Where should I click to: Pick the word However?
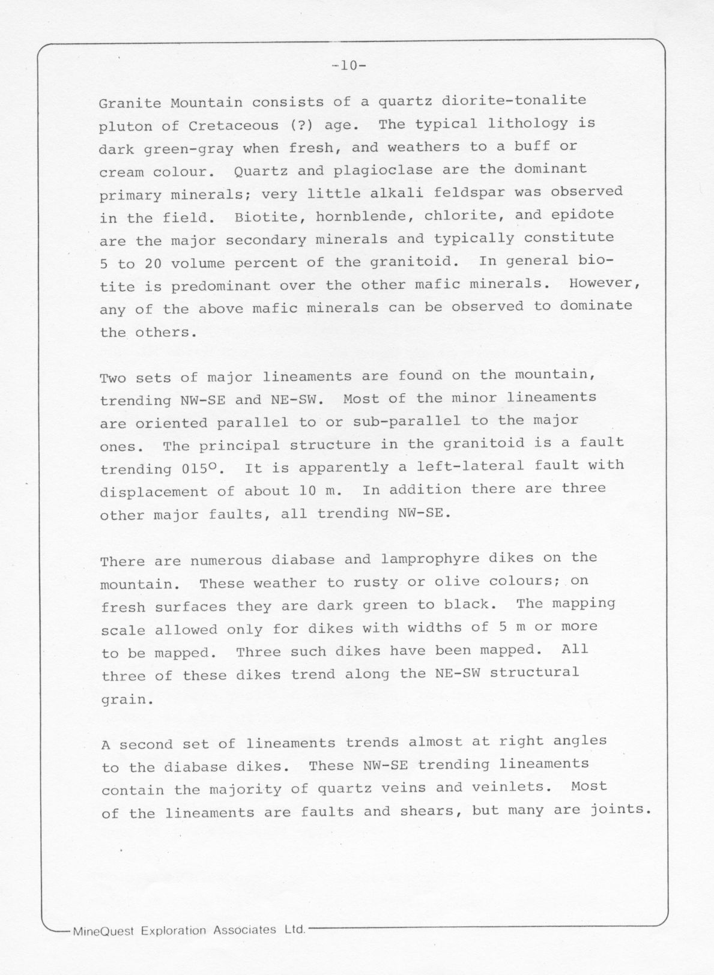[605, 283]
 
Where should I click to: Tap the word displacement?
[154, 492]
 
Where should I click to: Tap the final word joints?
[622, 810]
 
